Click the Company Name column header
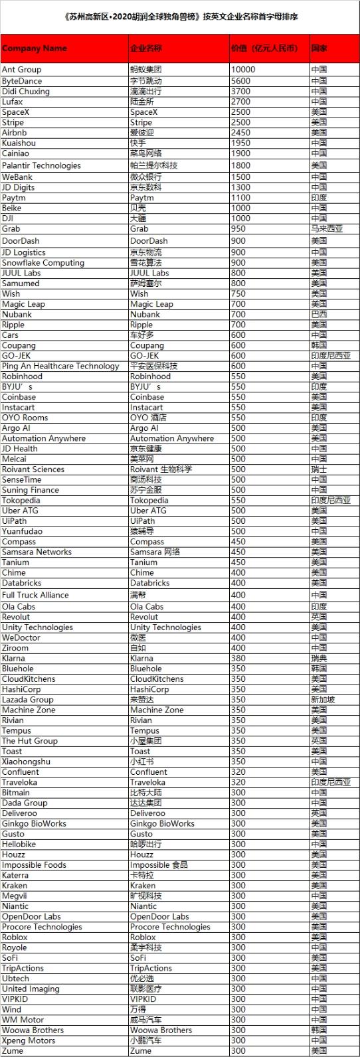35,48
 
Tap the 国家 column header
319,48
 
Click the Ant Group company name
21,70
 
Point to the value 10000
242,70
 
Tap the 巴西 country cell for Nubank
319,315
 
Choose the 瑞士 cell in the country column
319,469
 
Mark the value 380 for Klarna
238,659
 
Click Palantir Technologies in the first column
41,165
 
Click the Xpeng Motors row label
28,1040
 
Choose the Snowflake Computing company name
43,263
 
